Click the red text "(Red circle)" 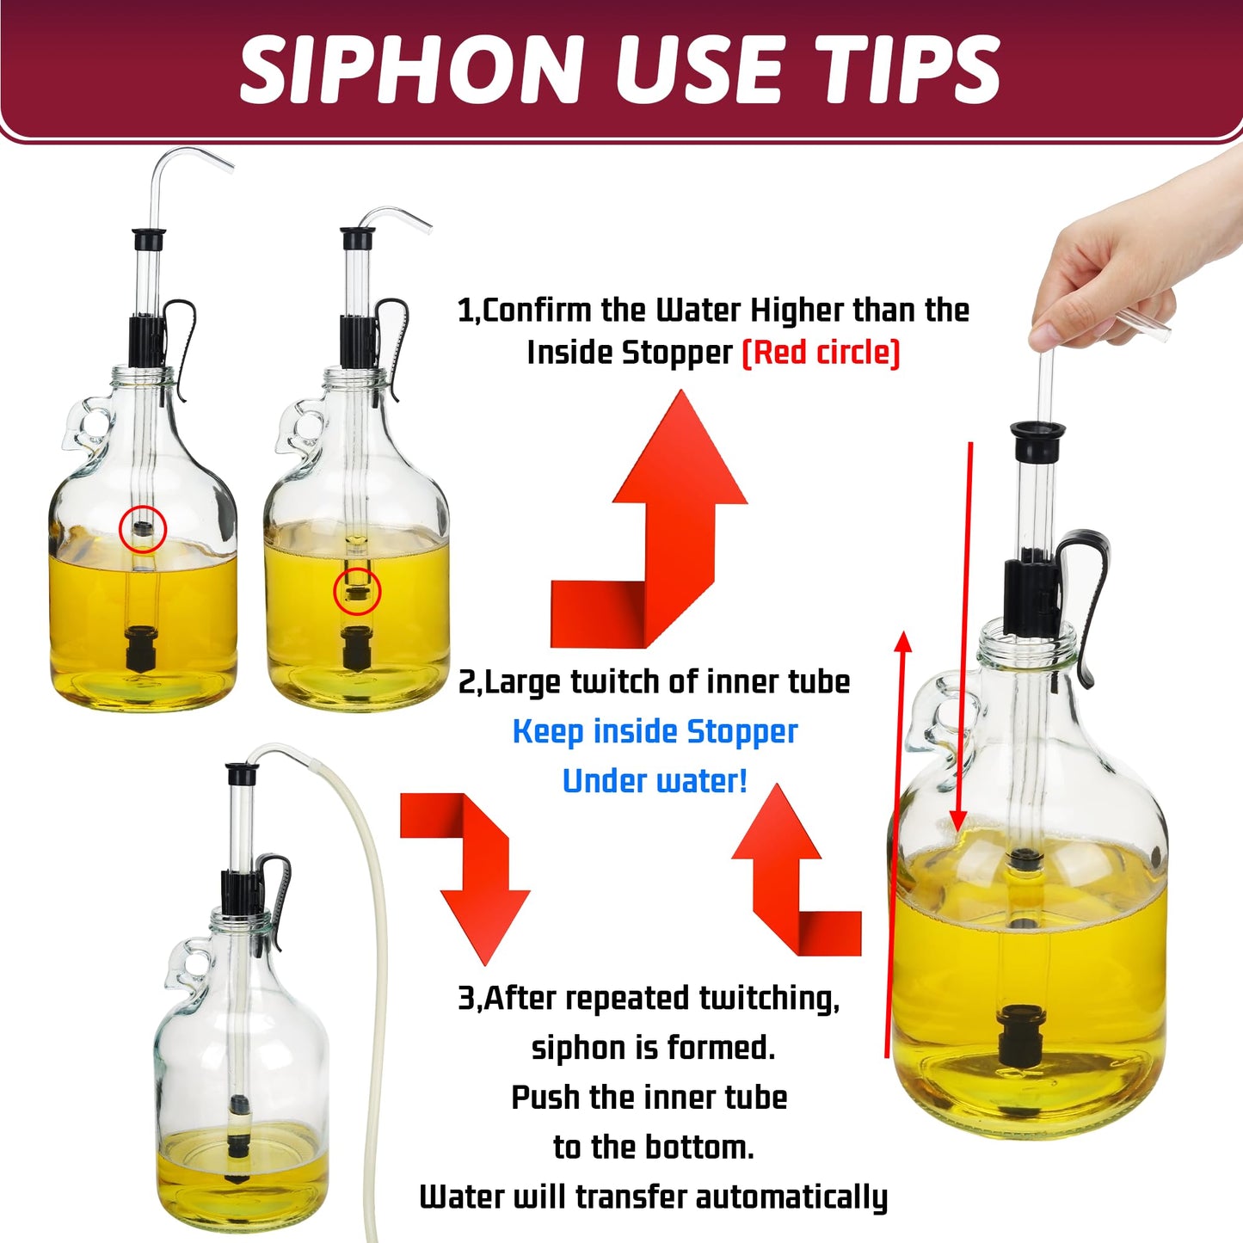[821, 353]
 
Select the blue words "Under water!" [655, 781]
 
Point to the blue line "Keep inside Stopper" [655, 732]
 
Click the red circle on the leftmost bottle [143, 529]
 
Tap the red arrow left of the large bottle [895, 843]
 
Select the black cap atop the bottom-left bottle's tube [243, 773]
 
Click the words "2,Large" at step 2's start [509, 682]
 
